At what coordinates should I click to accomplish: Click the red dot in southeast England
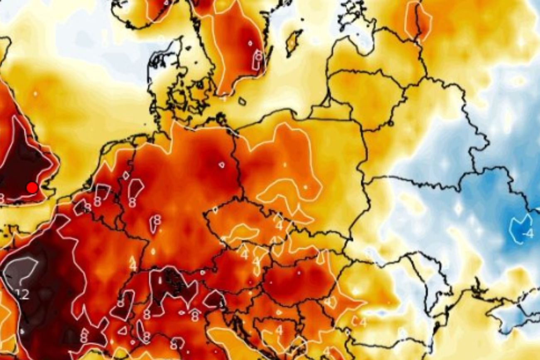coord(32,188)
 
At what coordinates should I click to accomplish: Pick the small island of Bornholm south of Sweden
coord(243,101)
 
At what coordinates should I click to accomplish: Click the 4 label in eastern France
coord(133,263)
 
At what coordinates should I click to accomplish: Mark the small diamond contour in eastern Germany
coord(221,165)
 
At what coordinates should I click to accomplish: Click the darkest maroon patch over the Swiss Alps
coord(172,282)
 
